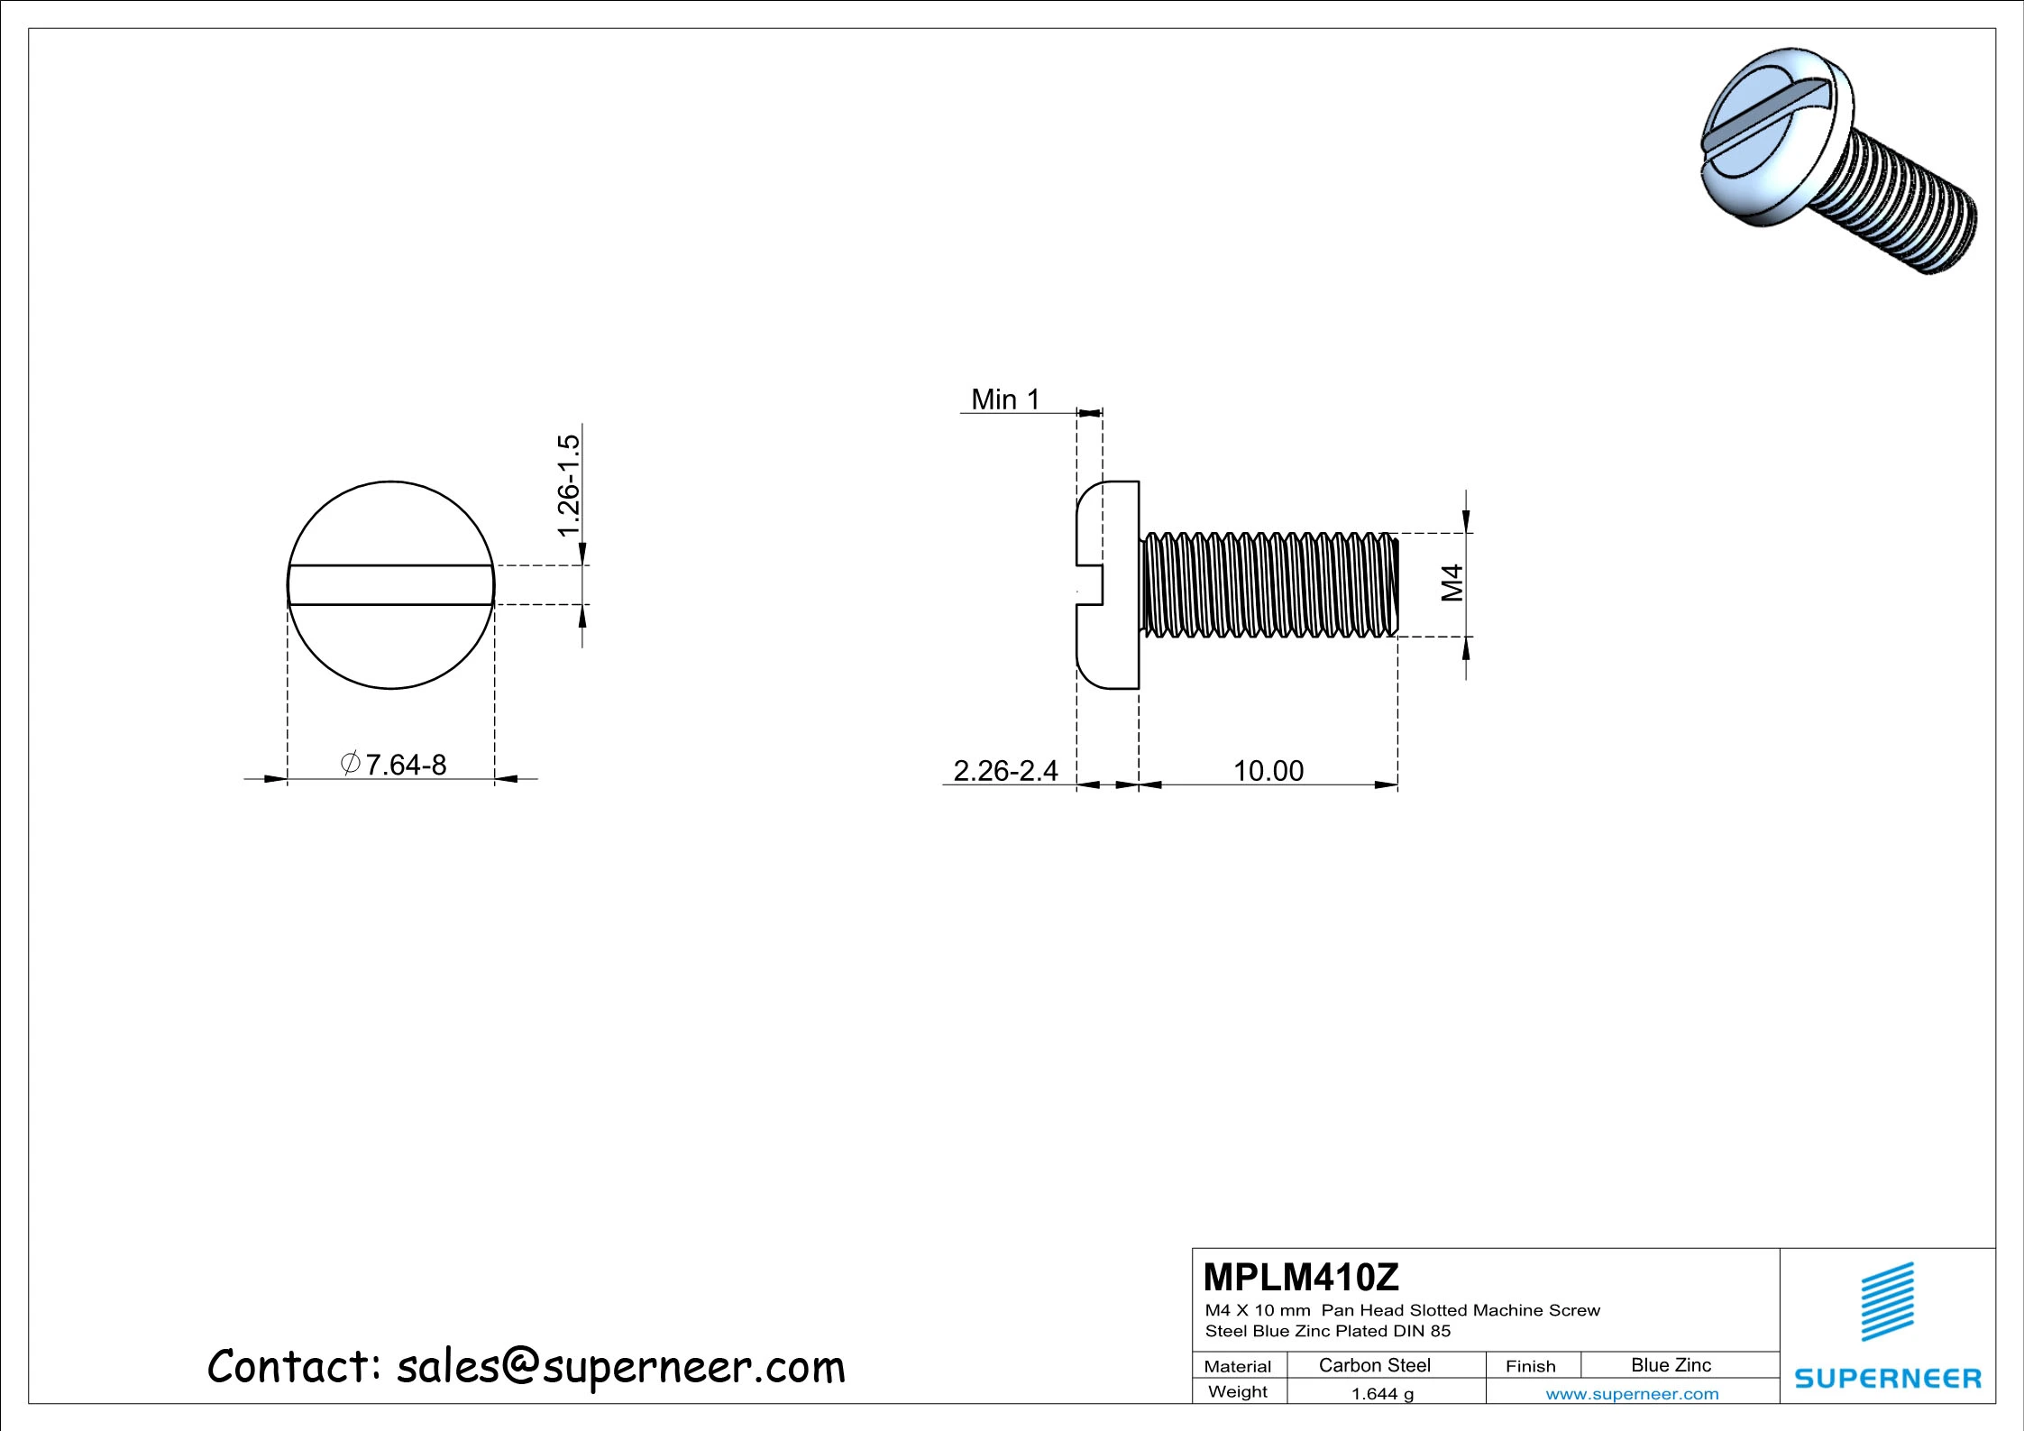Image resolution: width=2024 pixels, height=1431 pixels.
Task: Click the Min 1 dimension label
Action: click(x=1004, y=399)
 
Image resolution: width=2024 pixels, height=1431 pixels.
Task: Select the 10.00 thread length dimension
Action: click(x=1268, y=771)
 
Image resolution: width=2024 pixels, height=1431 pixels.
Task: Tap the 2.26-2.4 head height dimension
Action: click(x=1005, y=771)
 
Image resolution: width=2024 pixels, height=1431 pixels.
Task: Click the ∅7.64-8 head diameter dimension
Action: click(x=394, y=765)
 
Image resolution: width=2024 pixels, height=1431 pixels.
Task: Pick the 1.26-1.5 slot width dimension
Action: click(x=568, y=485)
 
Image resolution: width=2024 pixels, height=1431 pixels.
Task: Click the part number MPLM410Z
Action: click(x=1300, y=1278)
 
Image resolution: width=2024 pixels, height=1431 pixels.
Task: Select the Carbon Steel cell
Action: click(x=1374, y=1365)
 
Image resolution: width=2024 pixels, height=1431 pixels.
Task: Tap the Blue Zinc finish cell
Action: click(x=1671, y=1365)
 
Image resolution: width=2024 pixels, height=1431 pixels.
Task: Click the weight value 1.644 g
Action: click(x=1382, y=1394)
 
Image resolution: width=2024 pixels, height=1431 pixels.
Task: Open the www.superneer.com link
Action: click(x=1632, y=1394)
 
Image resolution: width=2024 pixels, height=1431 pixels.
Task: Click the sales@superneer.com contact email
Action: click(x=621, y=1367)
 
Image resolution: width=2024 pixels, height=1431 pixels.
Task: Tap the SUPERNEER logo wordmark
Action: click(x=1888, y=1379)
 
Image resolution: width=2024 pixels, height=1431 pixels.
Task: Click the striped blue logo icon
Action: click(x=1888, y=1301)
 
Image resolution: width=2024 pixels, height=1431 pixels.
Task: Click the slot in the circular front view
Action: click(x=390, y=585)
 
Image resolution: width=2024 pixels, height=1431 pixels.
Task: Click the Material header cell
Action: click(x=1237, y=1366)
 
